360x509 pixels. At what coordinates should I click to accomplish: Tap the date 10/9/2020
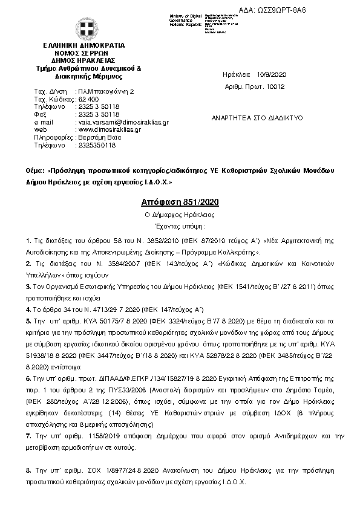pyautogui.click(x=272, y=74)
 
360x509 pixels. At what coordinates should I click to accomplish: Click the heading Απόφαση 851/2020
pyautogui.click(x=178, y=202)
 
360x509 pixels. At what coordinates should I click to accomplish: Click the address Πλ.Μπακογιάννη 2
pyautogui.click(x=105, y=91)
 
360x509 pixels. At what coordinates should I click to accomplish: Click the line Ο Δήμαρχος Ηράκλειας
pyautogui.click(x=178, y=215)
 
